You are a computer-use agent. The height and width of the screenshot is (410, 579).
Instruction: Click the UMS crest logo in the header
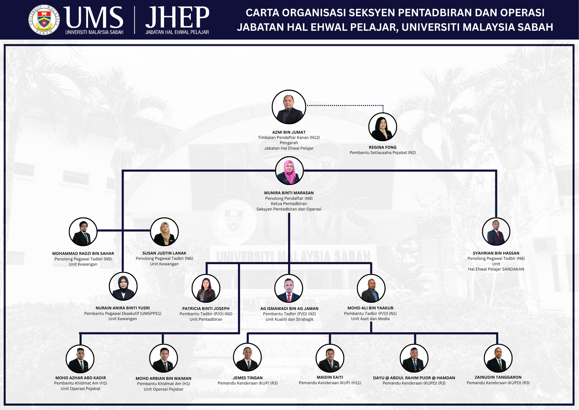44,20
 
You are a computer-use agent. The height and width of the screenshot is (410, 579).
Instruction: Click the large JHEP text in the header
177,17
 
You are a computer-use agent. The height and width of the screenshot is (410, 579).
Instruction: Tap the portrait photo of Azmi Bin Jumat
289,107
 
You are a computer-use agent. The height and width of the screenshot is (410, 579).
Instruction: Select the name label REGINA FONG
382,147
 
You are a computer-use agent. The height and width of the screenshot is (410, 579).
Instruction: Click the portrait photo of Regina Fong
383,127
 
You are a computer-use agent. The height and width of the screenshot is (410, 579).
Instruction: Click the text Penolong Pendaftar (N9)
289,198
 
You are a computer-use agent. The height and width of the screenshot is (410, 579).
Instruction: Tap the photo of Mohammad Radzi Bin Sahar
83,232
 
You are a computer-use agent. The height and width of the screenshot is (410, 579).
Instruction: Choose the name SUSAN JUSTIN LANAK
164,253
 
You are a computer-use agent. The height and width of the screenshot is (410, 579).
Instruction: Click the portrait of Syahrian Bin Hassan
496,232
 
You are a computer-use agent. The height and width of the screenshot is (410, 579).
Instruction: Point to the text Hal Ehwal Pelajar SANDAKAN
496,269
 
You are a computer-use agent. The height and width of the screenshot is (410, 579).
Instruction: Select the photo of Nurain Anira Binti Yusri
123,286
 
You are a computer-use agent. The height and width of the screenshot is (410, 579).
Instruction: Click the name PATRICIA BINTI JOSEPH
206,309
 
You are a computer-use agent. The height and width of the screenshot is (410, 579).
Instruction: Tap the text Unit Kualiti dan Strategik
289,319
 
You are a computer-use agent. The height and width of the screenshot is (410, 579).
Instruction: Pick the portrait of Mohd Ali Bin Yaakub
371,288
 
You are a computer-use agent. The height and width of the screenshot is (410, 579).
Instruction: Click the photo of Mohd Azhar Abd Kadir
80,359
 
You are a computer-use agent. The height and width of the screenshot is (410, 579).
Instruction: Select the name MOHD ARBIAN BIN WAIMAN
164,378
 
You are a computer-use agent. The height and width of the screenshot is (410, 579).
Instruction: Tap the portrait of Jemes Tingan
248,357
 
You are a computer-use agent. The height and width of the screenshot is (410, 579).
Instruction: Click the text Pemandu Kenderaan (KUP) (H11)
330,383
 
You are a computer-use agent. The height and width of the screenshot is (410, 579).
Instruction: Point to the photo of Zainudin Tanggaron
498,358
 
